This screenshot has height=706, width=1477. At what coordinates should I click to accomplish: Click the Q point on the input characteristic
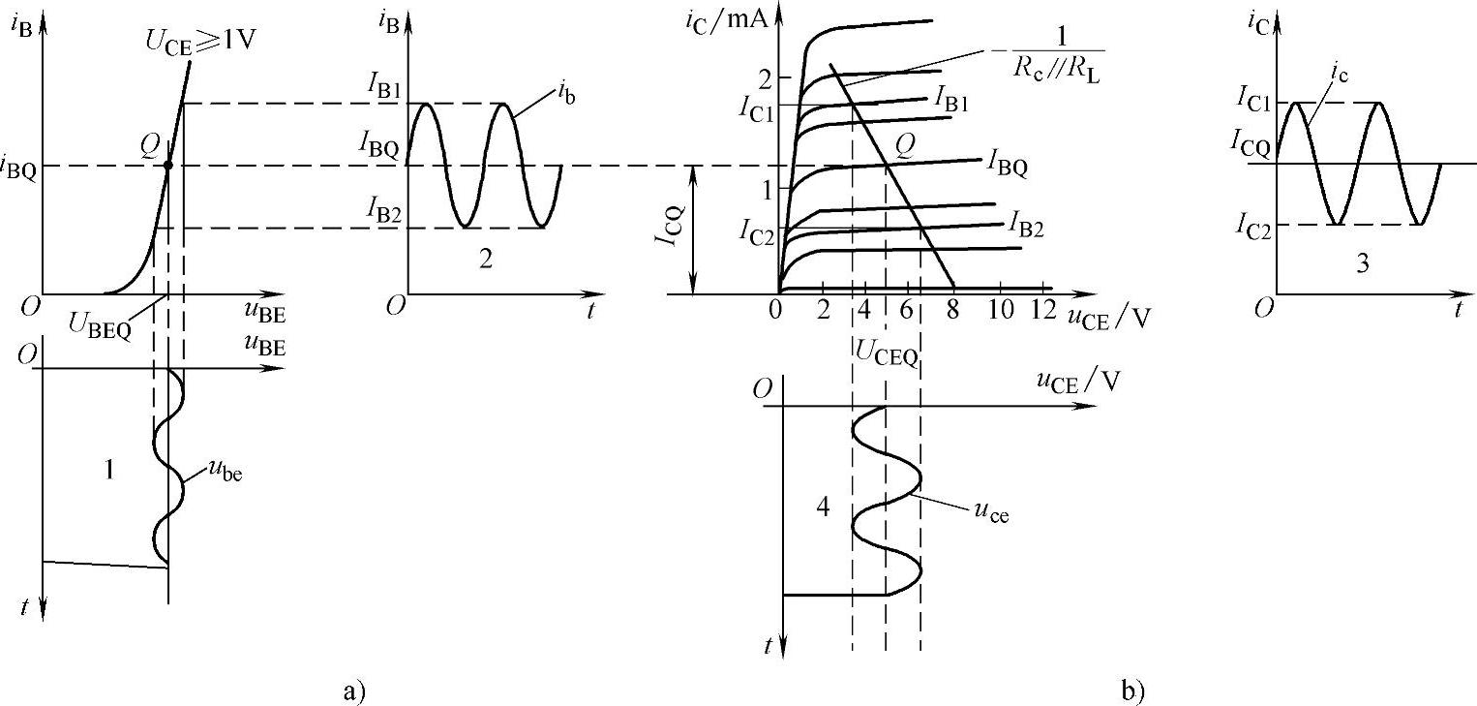tap(167, 166)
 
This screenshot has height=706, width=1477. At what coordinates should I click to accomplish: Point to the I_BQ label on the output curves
tap(1008, 163)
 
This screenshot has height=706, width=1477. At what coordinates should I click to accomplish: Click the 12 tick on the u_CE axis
tap(1042, 311)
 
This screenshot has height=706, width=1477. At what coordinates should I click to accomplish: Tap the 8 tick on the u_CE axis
tap(952, 311)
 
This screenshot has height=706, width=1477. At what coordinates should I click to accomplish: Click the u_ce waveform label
tap(990, 513)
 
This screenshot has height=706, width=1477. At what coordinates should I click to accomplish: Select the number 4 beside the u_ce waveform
tap(825, 508)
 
